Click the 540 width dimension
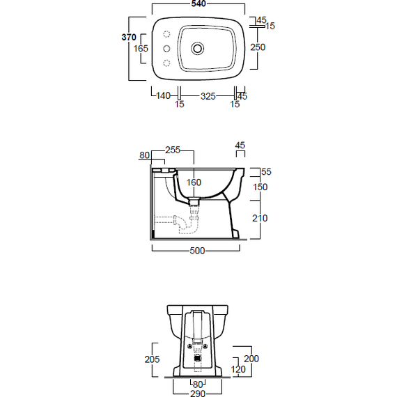point(198,3)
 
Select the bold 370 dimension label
point(129,37)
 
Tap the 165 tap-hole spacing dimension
point(141,48)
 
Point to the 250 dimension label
point(258,47)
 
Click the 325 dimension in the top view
point(208,96)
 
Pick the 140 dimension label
point(163,95)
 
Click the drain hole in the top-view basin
point(198,48)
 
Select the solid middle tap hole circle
point(166,48)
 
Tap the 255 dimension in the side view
point(173,150)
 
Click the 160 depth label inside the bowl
point(194,182)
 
